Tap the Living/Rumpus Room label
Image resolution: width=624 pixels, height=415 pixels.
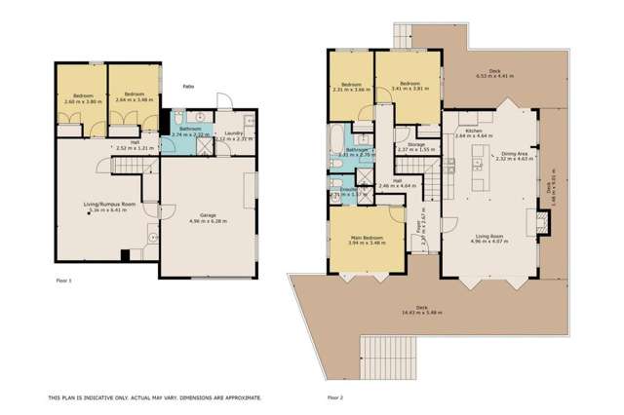click(x=108, y=205)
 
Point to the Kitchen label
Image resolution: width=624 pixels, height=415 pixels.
click(x=474, y=132)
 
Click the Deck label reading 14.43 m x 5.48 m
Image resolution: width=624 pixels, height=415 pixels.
click(x=422, y=309)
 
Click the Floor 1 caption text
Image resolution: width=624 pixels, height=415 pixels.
click(x=65, y=279)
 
